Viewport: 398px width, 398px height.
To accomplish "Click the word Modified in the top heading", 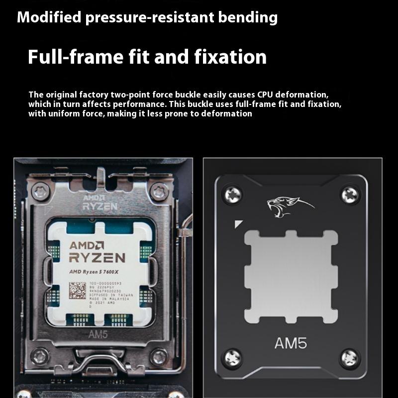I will tap(48, 18).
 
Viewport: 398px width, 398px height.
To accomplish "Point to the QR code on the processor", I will tap(77, 290).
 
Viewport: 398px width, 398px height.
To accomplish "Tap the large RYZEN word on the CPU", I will tap(97, 257).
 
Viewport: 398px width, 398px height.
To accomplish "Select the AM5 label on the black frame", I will tap(291, 343).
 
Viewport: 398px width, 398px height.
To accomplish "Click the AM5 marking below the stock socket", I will tap(98, 335).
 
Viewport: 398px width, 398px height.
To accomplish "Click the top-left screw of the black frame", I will tap(232, 195).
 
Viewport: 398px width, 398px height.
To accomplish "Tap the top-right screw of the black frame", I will tap(350, 195).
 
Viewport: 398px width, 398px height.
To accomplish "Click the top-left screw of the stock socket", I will tap(40, 191).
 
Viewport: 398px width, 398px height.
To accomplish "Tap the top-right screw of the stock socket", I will tap(159, 191).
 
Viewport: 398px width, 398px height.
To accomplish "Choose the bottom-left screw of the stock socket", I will tap(40, 356).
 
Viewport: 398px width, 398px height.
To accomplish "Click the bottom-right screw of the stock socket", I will tap(159, 356).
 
